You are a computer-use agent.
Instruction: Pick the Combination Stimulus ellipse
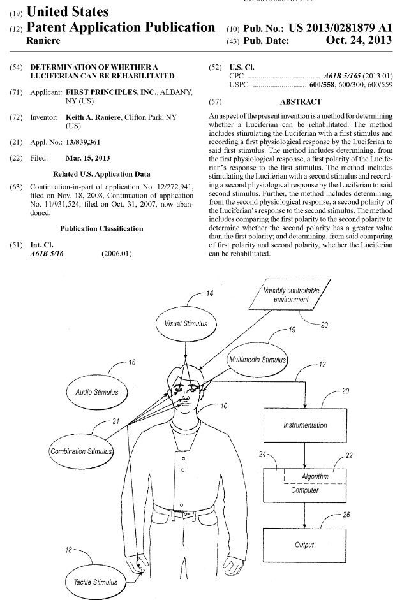click(81, 451)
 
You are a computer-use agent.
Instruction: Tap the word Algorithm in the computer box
click(314, 477)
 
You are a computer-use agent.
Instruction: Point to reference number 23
click(324, 325)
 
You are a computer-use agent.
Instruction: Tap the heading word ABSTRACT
click(300, 101)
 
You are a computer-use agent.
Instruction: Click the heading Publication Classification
click(101, 228)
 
